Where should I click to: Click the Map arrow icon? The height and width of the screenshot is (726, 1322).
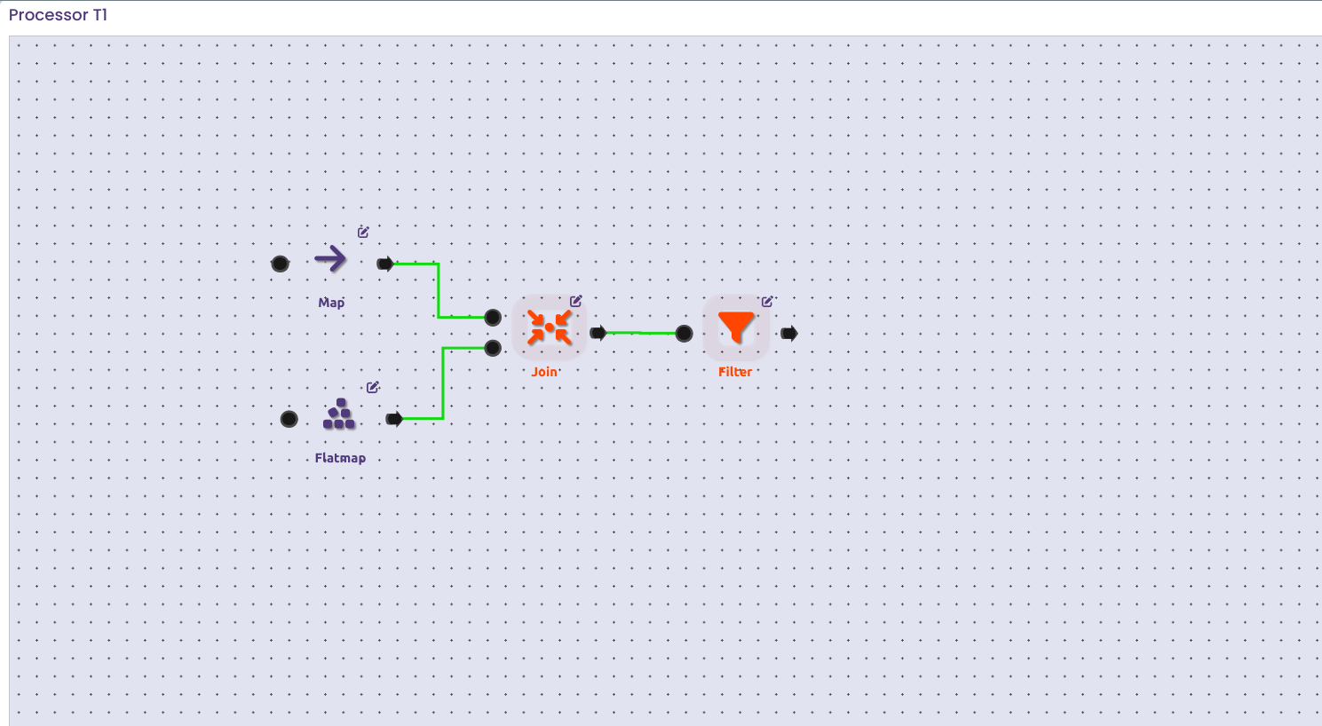click(x=330, y=259)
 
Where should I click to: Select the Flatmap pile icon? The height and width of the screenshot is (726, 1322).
click(x=339, y=414)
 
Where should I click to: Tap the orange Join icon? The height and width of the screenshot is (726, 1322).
click(x=550, y=327)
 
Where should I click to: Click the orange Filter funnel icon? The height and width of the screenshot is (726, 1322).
click(x=736, y=327)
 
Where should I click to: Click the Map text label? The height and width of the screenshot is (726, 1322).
click(x=331, y=303)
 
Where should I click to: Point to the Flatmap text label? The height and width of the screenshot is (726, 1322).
click(x=340, y=458)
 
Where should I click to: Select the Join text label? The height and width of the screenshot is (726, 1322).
click(x=544, y=372)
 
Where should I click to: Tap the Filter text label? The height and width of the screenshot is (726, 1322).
click(x=735, y=372)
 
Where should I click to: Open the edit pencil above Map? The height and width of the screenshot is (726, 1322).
click(x=363, y=233)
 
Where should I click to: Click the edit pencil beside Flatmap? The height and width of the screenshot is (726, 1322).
click(x=373, y=387)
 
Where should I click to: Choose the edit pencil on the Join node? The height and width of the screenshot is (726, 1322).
click(x=575, y=302)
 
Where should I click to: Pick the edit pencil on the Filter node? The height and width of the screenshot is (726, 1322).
click(x=767, y=302)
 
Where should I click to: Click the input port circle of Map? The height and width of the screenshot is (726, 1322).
click(x=280, y=264)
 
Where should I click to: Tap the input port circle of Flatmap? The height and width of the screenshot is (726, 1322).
click(x=289, y=419)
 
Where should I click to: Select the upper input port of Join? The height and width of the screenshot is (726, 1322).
click(x=493, y=317)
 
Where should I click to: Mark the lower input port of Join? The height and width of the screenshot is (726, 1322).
click(x=493, y=348)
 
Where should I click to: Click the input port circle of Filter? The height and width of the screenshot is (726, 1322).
click(x=684, y=334)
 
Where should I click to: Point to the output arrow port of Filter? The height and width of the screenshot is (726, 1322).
click(x=789, y=334)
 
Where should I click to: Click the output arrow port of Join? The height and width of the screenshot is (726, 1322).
click(x=598, y=333)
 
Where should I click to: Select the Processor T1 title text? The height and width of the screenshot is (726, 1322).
click(x=58, y=15)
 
